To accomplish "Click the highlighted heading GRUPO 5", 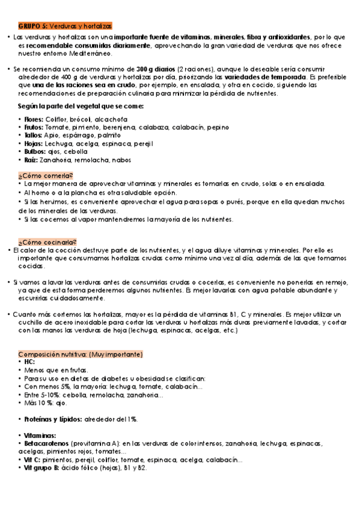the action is [65, 26].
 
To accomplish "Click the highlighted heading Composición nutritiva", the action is [80, 354].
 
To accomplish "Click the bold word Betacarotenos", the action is [46, 443].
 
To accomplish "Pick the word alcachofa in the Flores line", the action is [127, 119].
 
